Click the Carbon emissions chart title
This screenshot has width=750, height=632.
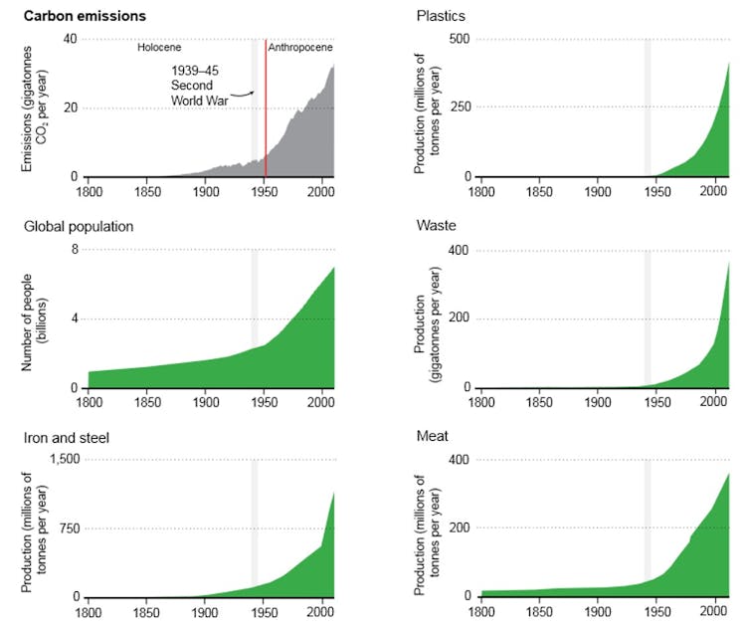click(x=85, y=16)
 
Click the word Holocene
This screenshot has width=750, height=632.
click(x=161, y=47)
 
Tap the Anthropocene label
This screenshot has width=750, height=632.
click(x=300, y=47)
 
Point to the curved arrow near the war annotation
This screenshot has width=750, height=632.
click(x=245, y=95)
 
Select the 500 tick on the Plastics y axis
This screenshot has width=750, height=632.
click(x=460, y=39)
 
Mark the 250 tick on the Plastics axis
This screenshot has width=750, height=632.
click(x=460, y=107)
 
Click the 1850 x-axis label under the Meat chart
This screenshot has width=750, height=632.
click(x=539, y=609)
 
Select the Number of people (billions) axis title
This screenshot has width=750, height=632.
click(x=37, y=318)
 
